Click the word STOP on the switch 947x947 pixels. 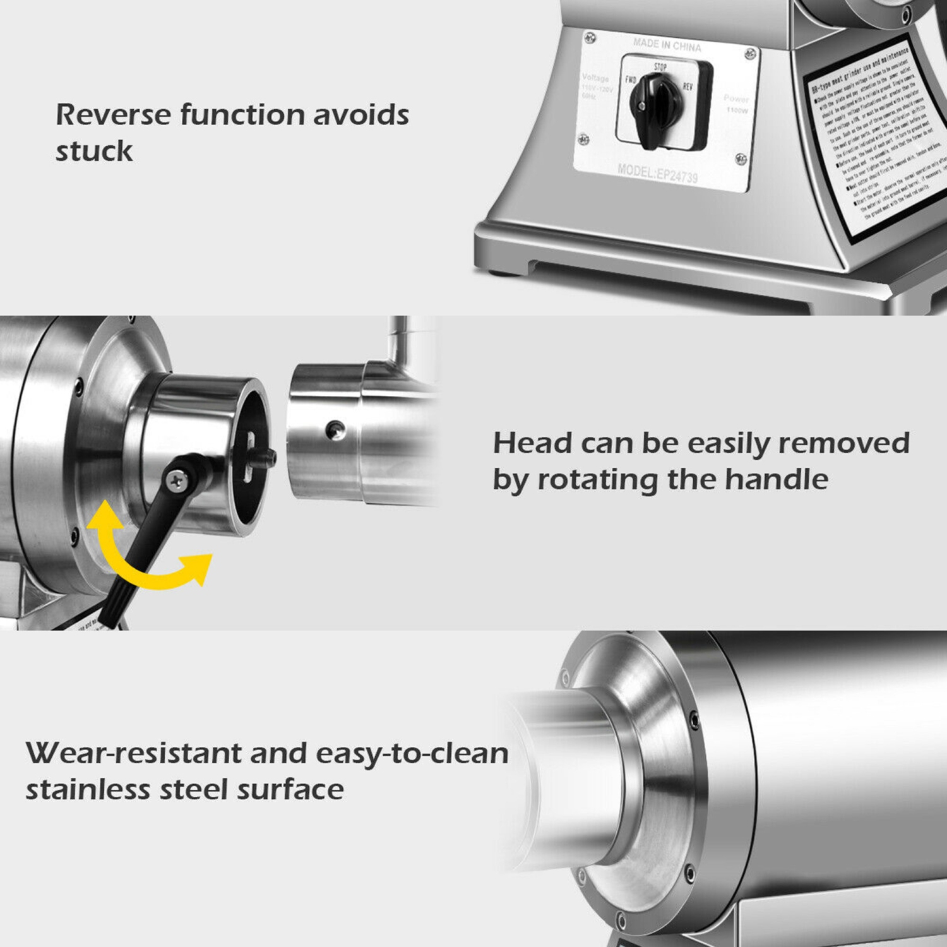[x=660, y=67]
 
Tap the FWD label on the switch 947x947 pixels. [x=631, y=80]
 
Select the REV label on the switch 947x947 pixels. [x=688, y=86]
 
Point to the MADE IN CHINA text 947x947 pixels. [x=667, y=45]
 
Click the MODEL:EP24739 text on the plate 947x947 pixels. [x=657, y=173]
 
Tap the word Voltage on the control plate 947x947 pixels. [x=595, y=78]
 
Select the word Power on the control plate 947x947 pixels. [x=736, y=98]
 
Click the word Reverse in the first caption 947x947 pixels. [x=113, y=115]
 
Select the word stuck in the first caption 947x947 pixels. [x=94, y=152]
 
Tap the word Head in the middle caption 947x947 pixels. [x=532, y=443]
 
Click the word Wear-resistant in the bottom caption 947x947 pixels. [x=133, y=753]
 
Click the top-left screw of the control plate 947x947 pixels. [x=590, y=39]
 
